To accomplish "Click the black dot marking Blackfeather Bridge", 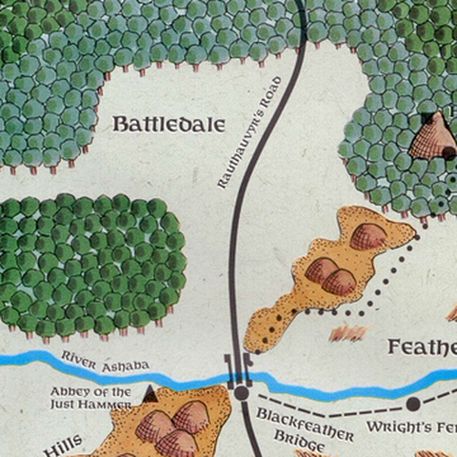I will point(242,392).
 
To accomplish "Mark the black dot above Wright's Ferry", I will point(413,404).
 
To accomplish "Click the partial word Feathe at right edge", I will point(422,348).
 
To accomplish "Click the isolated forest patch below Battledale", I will point(90,264).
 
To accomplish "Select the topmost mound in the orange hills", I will point(368,235).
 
